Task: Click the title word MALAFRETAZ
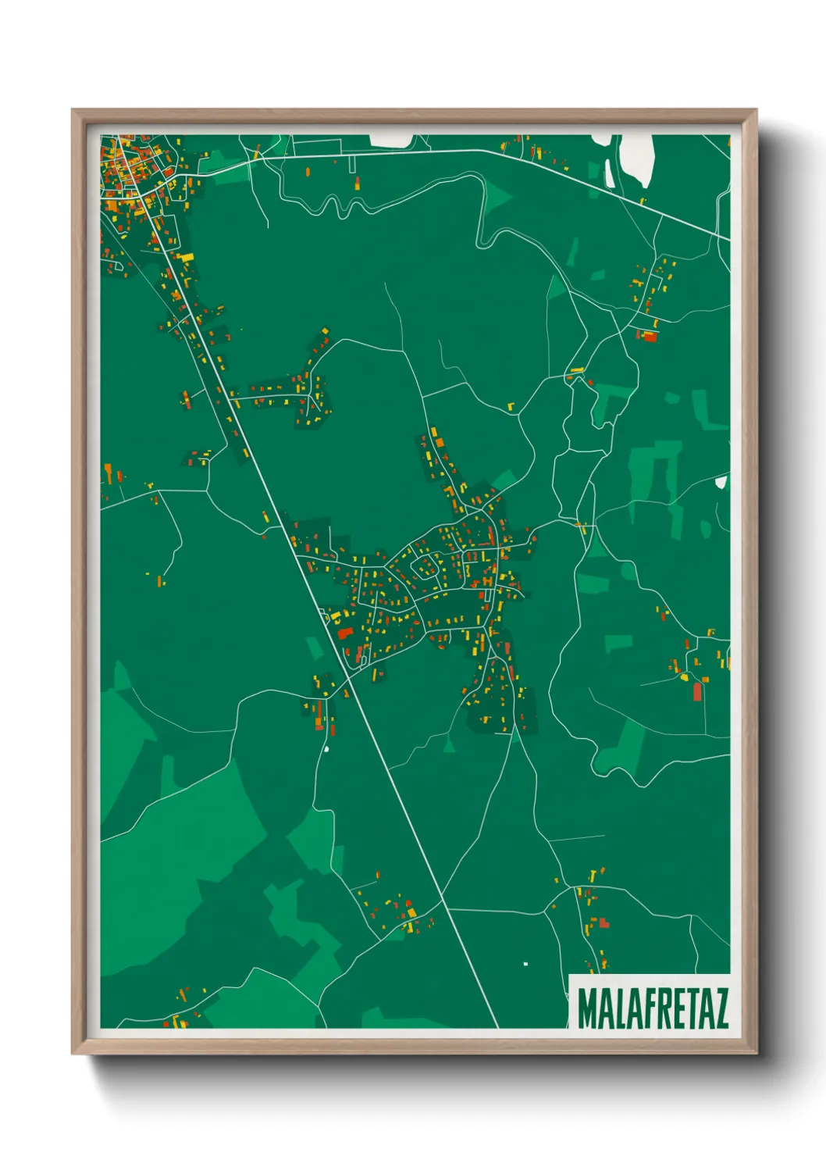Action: click(653, 1008)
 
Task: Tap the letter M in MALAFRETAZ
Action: click(586, 1008)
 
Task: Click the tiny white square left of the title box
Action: click(525, 964)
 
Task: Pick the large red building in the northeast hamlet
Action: click(649, 337)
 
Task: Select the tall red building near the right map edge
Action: click(697, 692)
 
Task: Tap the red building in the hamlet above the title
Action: click(603, 923)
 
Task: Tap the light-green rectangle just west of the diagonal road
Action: click(314, 648)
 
